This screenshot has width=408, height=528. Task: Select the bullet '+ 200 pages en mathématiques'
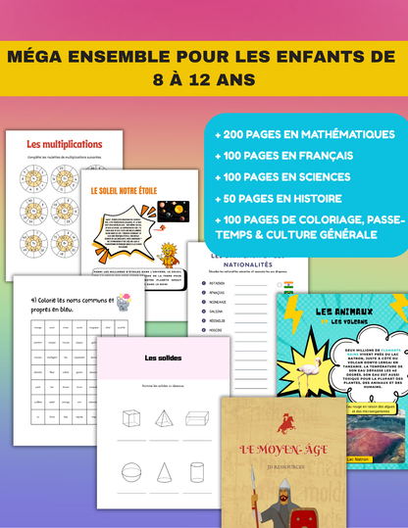pyautogui.click(x=293, y=133)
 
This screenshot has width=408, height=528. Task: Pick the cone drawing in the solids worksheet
pyautogui.click(x=163, y=476)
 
